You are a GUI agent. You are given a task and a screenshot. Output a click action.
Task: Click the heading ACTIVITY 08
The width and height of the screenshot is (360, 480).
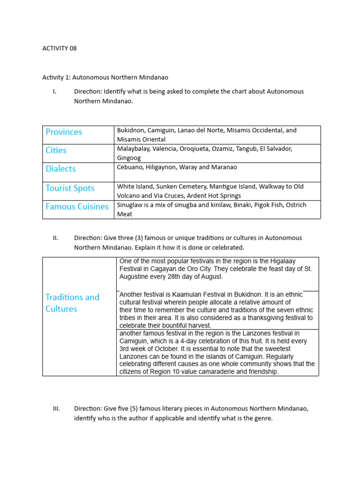point(59,48)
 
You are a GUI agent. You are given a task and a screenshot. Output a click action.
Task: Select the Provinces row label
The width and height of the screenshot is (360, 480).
point(64,132)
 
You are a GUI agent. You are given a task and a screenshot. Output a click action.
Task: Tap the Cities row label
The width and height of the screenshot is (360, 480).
point(56,150)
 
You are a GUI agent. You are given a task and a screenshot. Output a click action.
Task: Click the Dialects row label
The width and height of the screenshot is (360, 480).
point(60,169)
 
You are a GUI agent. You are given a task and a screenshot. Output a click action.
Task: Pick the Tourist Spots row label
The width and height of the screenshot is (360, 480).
point(70,188)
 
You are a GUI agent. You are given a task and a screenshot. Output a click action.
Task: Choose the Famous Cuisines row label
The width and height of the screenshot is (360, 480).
point(77,207)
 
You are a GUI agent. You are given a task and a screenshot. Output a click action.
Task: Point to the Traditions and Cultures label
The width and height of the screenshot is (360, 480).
point(72,303)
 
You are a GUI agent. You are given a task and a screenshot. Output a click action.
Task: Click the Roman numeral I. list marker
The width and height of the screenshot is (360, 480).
point(55,91)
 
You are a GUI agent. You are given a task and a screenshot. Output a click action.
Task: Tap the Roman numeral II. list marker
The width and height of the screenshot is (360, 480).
point(55,238)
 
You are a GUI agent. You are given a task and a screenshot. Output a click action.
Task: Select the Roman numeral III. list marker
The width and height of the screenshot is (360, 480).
point(56,409)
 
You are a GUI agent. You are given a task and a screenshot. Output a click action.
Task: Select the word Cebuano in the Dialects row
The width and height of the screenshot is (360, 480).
point(130,167)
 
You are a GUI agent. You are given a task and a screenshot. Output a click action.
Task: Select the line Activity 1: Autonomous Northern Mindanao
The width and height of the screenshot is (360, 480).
point(105,77)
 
